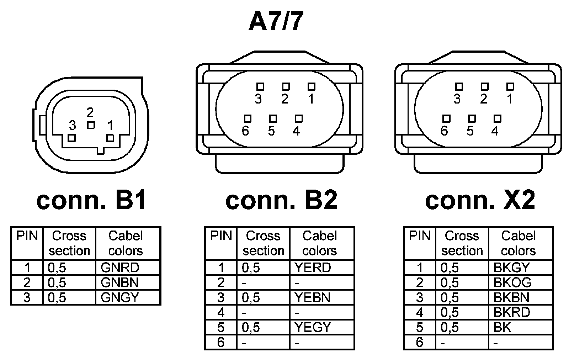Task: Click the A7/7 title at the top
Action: coord(276,22)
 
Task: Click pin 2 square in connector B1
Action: coord(91,125)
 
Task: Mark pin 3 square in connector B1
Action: coord(72,138)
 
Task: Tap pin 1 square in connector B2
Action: coord(312,86)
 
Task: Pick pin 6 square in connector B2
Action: coord(248,118)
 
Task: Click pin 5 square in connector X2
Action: coord(472,118)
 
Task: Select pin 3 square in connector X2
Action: coord(459,86)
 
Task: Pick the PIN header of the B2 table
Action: coord(221,236)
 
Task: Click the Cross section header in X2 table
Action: coord(462,243)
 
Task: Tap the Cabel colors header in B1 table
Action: coord(126,243)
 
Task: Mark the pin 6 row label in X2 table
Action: coord(420,342)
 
